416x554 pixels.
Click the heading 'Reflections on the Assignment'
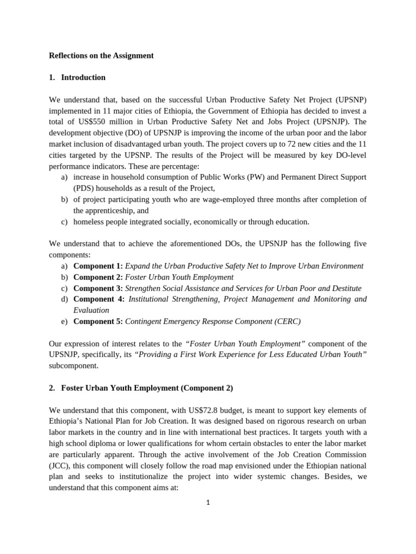pos(101,55)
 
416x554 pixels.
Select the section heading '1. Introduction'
pos(77,77)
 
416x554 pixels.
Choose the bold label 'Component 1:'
pos(98,266)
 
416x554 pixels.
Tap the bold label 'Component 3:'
pos(98,288)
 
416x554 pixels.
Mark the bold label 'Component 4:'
pos(98,299)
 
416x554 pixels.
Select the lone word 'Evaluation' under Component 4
pos(91,311)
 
